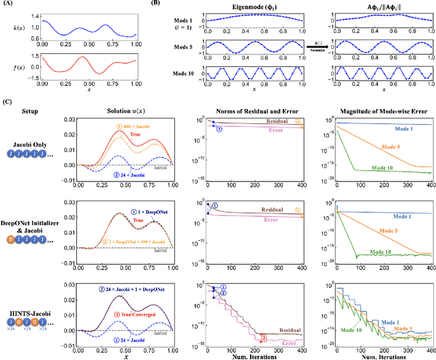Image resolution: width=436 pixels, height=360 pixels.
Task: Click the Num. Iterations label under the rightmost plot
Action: click(x=381, y=355)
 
